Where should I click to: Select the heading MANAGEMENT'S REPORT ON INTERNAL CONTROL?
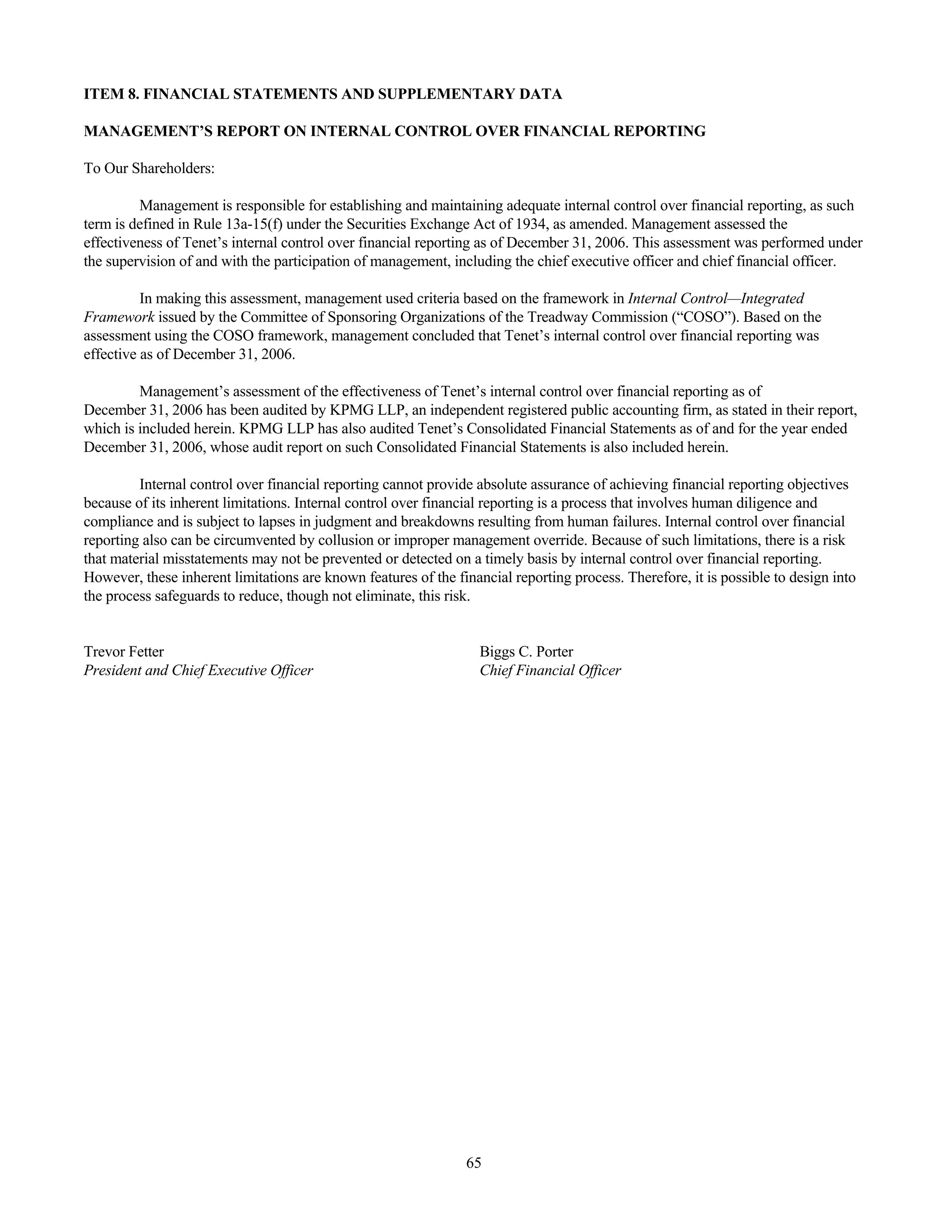[x=394, y=131]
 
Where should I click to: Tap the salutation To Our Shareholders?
[x=150, y=169]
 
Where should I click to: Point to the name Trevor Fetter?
[x=124, y=652]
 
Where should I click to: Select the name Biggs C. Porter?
[x=526, y=652]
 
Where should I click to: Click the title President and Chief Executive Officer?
[x=198, y=670]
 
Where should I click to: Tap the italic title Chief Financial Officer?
[x=550, y=670]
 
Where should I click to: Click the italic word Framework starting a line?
[x=118, y=318]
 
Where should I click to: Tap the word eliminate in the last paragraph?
[x=384, y=596]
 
